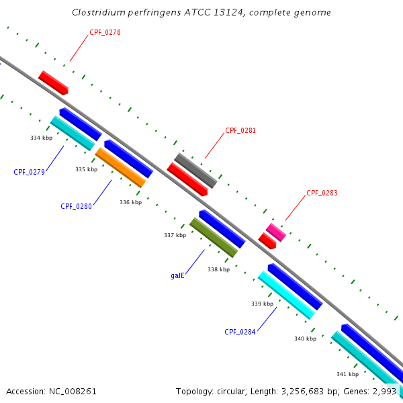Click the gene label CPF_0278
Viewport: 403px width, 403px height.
[105, 32]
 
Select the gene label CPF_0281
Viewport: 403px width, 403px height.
[240, 130]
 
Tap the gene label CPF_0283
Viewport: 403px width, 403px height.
[322, 193]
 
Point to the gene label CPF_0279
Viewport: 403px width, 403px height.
[29, 172]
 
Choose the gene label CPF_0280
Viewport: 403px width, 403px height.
[76, 206]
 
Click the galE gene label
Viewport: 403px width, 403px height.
[177, 275]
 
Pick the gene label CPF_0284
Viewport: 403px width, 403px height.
[240, 332]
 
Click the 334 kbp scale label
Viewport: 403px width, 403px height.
[41, 138]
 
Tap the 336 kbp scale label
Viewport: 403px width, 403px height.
[130, 202]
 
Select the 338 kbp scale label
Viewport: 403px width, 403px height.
[218, 269]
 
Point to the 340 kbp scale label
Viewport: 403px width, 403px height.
[305, 339]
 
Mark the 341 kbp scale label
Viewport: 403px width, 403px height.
[347, 374]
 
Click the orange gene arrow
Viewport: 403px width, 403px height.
[121, 167]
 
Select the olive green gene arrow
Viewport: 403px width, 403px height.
[214, 237]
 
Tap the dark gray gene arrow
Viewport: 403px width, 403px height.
[195, 171]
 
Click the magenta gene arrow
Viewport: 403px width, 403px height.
[275, 232]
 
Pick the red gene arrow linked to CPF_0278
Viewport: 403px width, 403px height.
[53, 82]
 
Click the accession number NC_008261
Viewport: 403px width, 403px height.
[73, 391]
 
